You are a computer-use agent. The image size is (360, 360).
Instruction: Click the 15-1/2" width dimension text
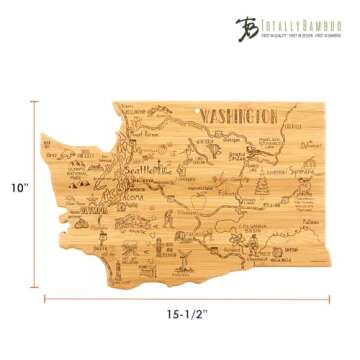[x=188, y=313]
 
